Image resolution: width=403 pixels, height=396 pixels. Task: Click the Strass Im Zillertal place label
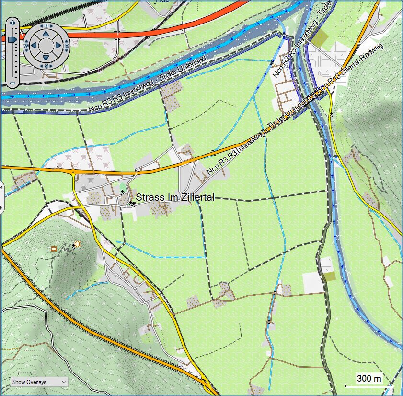[x=175, y=197]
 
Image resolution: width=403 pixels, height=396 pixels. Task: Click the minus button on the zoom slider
[x=12, y=84]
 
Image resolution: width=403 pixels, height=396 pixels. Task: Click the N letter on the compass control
[x=46, y=27]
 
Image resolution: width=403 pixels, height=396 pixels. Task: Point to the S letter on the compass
[x=46, y=65]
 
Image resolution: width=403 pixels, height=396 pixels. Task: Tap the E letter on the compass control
[x=66, y=46]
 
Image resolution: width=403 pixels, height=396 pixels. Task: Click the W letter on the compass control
[x=26, y=46]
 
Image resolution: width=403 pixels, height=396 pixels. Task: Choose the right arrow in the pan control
[x=58, y=46]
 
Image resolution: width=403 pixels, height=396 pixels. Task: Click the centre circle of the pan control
[x=46, y=46]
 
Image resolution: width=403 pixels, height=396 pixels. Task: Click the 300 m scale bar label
[x=369, y=379]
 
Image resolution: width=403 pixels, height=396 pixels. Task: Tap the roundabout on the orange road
[x=73, y=171]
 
